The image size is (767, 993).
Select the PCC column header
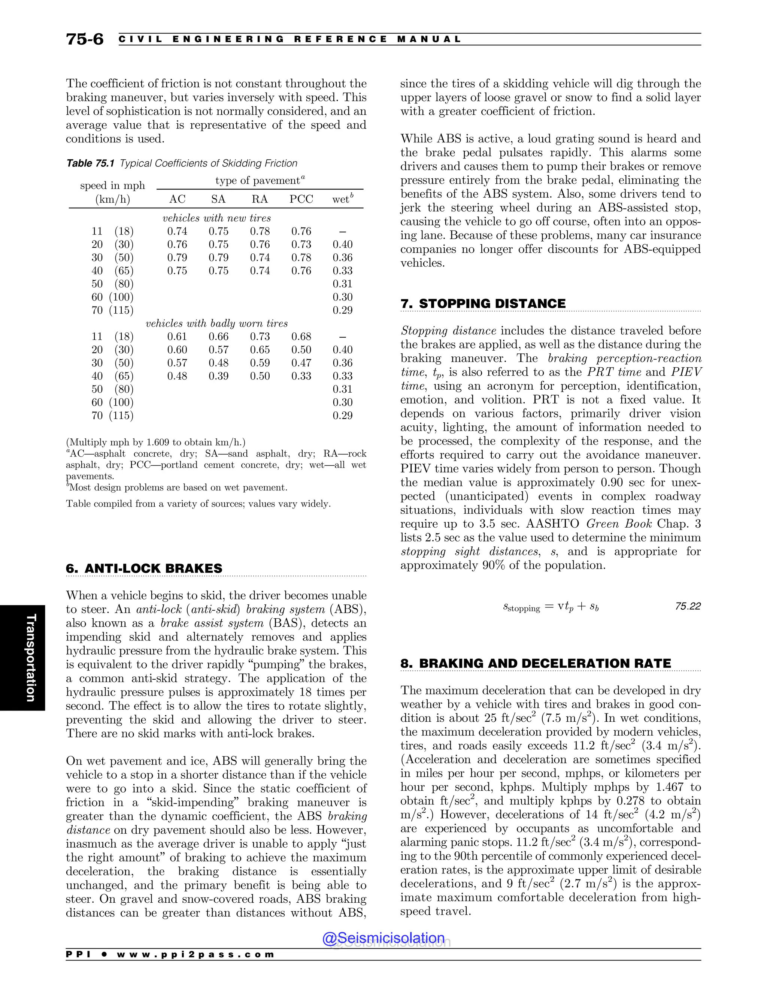[301, 199]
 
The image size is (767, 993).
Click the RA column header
[260, 199]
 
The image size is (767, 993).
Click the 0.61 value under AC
[177, 337]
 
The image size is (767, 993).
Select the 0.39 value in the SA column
[219, 376]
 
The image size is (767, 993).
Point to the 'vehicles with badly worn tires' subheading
[217, 324]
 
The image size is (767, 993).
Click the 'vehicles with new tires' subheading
[217, 218]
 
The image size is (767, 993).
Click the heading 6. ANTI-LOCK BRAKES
[144, 568]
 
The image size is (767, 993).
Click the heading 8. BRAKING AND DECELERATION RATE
[535, 663]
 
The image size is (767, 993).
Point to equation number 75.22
[688, 606]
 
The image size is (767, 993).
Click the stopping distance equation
[551, 607]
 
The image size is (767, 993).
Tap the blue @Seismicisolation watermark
[383, 938]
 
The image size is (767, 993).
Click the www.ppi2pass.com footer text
[195, 954]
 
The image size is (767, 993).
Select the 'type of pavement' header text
[260, 181]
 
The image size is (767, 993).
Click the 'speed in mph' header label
[112, 185]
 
